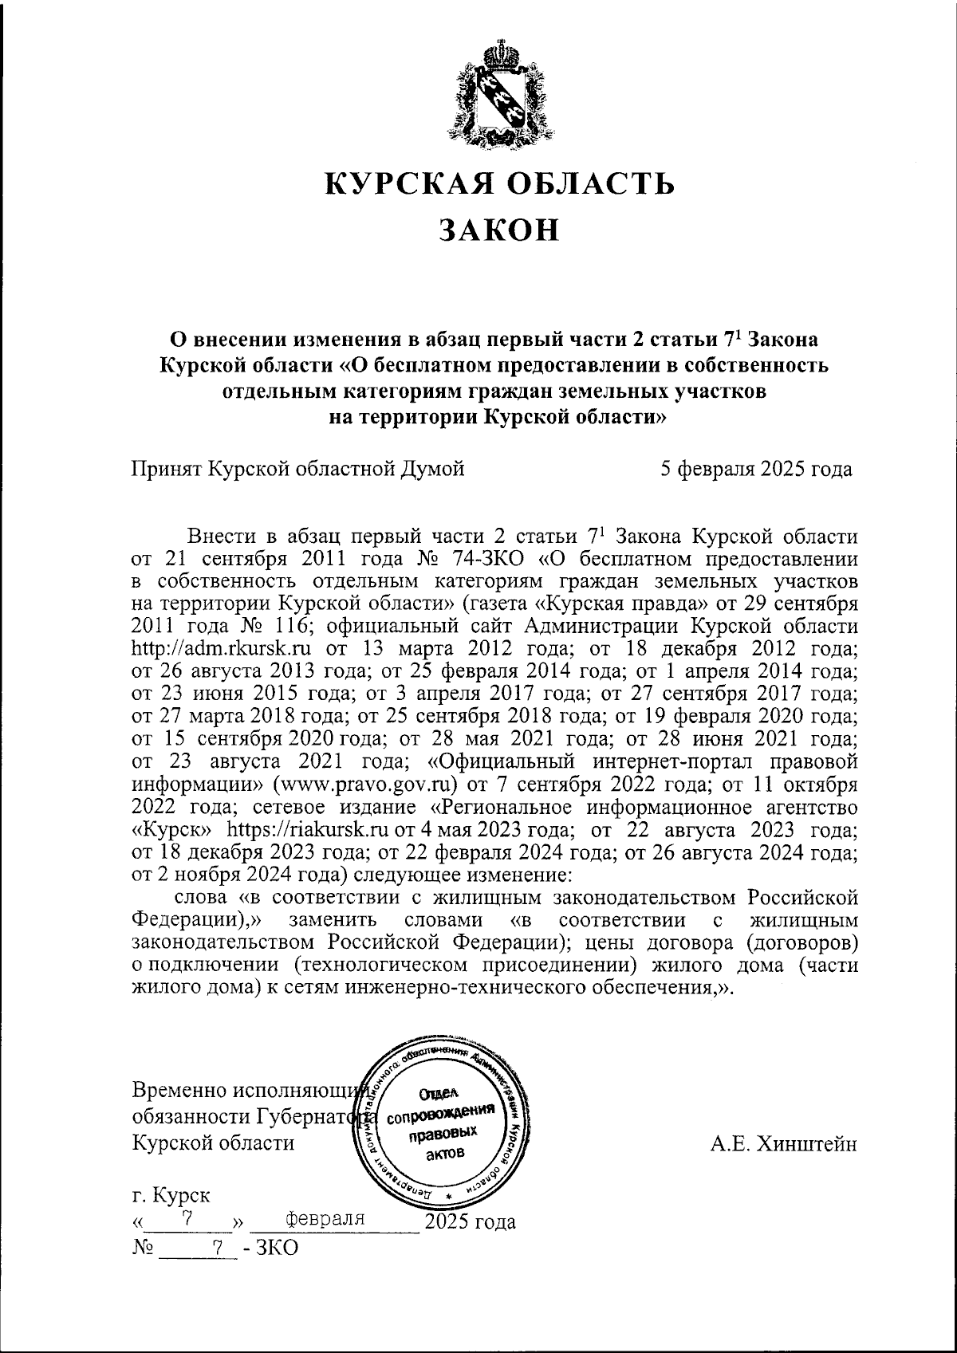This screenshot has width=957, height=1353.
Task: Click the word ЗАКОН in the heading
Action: pos(500,230)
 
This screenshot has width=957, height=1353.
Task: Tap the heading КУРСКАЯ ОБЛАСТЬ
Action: pos(500,183)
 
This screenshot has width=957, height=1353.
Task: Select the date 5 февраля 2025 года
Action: pos(755,470)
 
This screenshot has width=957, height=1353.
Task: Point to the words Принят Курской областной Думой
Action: pos(297,470)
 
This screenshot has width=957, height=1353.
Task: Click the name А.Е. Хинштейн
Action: pos(784,1145)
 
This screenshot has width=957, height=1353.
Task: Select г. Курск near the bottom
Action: pos(171,1196)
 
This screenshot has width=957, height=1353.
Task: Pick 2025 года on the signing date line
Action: pos(471,1221)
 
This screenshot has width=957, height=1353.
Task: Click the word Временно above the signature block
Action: pos(177,1090)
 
